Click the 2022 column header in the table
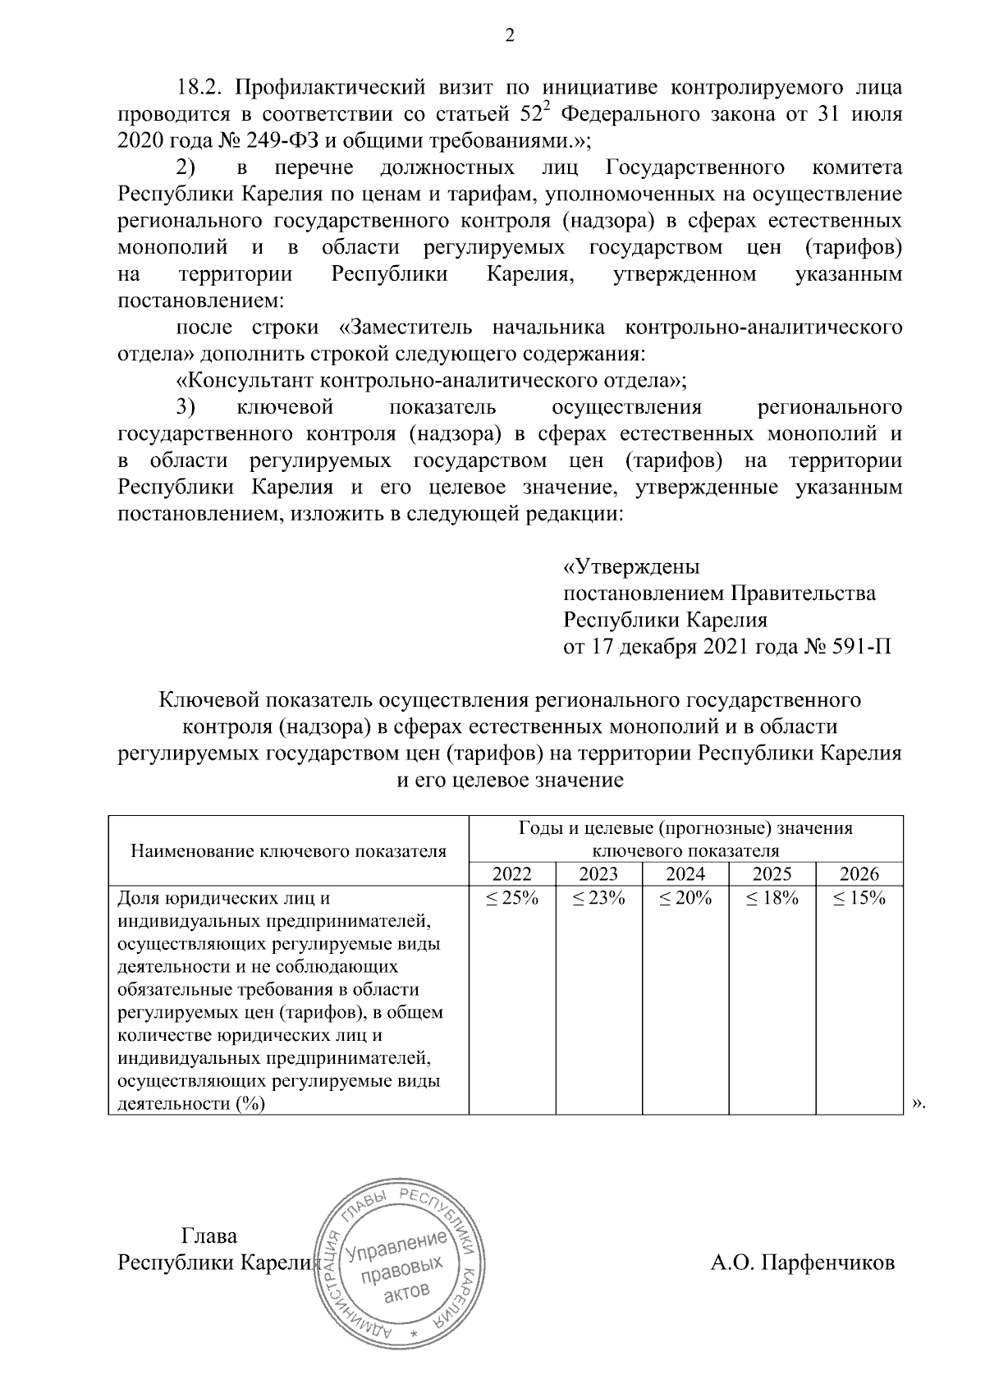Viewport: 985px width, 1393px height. coord(511,874)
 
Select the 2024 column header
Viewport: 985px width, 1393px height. coord(685,874)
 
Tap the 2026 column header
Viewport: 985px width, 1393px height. coord(859,874)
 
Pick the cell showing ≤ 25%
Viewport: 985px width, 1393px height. coord(511,898)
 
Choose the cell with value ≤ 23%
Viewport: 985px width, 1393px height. coord(598,898)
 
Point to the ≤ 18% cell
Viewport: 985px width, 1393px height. coord(772,898)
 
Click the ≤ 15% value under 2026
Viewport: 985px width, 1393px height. coord(859,898)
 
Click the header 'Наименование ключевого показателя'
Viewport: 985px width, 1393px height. coord(288,851)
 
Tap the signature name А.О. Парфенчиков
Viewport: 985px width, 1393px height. coord(802,1262)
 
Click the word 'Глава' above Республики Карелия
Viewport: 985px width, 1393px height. coord(208,1236)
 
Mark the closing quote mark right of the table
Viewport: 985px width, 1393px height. coord(919,1104)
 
